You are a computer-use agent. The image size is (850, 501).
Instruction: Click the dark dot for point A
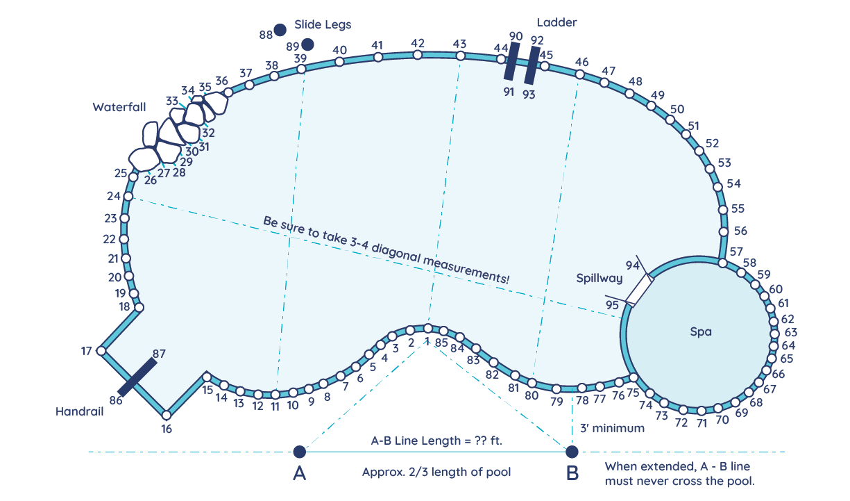click(299, 452)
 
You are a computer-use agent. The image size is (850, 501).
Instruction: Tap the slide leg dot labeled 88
click(280, 29)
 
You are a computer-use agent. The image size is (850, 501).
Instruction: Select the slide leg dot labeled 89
click(307, 44)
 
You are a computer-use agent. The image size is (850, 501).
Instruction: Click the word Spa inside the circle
click(701, 332)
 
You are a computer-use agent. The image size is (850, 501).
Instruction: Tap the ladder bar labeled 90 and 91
click(512, 61)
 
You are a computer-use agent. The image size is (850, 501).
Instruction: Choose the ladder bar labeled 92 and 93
click(532, 65)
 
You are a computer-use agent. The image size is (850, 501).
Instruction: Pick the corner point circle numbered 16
click(166, 415)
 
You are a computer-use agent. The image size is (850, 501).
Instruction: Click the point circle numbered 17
click(101, 351)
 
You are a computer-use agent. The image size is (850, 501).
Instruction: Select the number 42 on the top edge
click(418, 43)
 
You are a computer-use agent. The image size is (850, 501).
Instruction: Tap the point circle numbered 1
click(428, 328)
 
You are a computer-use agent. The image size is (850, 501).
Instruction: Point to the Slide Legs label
click(323, 24)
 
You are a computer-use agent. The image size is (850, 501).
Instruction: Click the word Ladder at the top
click(556, 22)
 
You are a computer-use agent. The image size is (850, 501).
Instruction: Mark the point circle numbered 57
click(722, 263)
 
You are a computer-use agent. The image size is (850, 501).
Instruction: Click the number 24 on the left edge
click(114, 196)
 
